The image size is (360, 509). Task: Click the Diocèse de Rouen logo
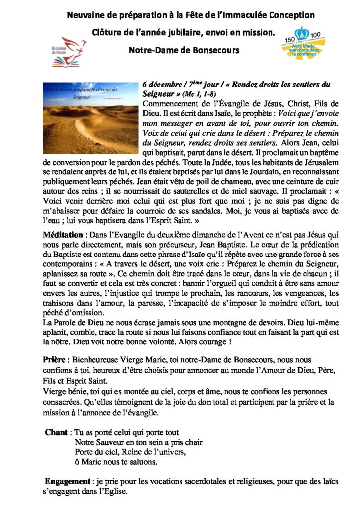click(70, 52)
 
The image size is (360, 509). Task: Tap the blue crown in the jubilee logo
click(300, 34)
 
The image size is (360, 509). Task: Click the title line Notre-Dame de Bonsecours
click(180, 50)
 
